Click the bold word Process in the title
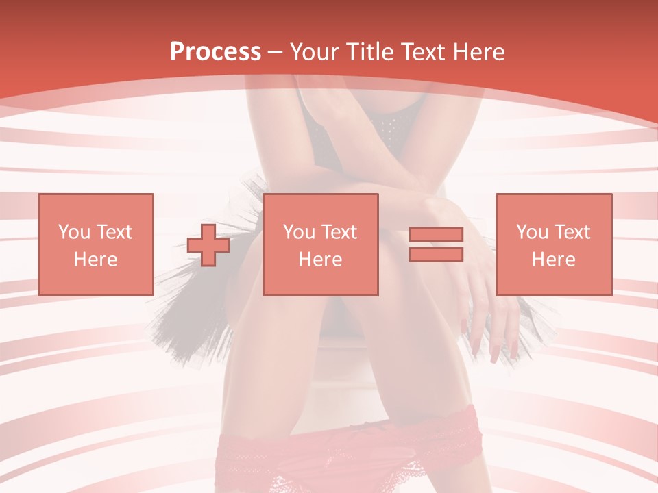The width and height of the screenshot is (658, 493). pyautogui.click(x=215, y=52)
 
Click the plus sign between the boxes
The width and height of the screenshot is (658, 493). pyautogui.click(x=208, y=244)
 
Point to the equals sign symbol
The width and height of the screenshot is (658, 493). pyautogui.click(x=436, y=244)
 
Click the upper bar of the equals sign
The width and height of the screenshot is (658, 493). pyautogui.click(x=436, y=235)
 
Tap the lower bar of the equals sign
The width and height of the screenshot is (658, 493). pyautogui.click(x=436, y=254)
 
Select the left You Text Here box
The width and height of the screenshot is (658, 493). pyautogui.click(x=95, y=244)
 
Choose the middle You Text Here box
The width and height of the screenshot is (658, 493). pyautogui.click(x=320, y=244)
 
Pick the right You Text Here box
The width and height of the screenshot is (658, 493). pyautogui.click(x=553, y=244)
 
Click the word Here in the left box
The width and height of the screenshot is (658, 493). pyautogui.click(x=95, y=259)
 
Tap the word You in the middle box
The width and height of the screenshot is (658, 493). pyautogui.click(x=299, y=232)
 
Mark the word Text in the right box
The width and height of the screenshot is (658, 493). pyautogui.click(x=570, y=232)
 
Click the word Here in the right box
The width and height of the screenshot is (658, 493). pyautogui.click(x=553, y=259)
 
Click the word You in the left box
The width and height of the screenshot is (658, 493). pyautogui.click(x=74, y=232)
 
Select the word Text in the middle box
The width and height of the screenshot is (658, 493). pyautogui.click(x=337, y=232)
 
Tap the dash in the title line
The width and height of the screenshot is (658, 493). pyautogui.click(x=276, y=52)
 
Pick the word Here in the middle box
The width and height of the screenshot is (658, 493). pyautogui.click(x=320, y=259)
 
